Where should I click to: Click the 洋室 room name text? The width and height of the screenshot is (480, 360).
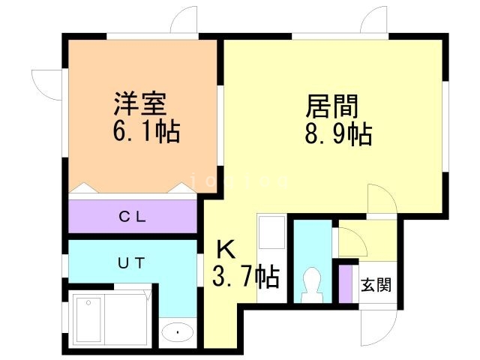click(x=139, y=103)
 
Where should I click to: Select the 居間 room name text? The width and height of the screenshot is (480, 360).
click(x=331, y=106)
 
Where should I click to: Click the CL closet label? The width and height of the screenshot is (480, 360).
click(x=135, y=218)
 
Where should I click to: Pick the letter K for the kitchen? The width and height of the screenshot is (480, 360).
click(x=226, y=248)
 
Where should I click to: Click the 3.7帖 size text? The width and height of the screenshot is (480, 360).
click(x=246, y=278)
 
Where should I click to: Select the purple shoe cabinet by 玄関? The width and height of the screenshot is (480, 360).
click(x=346, y=283)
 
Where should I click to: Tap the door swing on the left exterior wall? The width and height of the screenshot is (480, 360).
click(x=46, y=82)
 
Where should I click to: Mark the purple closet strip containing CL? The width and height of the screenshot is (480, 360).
click(x=133, y=218)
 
